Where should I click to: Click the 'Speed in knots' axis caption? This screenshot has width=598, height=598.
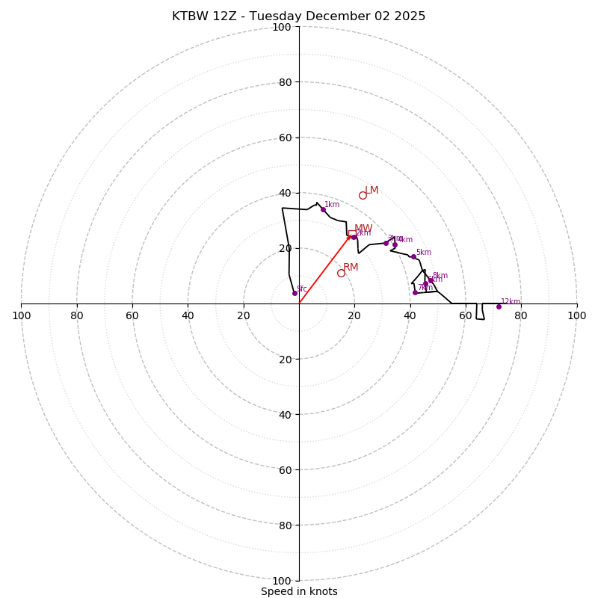(x=299, y=591)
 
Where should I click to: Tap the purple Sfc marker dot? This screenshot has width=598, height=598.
(x=295, y=293)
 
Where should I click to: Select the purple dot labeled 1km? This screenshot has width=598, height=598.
(x=323, y=209)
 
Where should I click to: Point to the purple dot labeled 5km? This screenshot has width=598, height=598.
(x=413, y=257)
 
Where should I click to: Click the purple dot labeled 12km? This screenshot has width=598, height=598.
(x=499, y=306)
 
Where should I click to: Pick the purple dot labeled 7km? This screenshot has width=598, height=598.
(x=415, y=292)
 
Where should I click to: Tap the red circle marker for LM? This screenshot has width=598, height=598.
(x=363, y=195)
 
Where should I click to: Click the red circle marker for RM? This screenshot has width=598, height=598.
(x=341, y=273)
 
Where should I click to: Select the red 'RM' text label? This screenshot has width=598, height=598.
(x=351, y=267)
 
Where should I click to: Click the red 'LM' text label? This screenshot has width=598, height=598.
(x=372, y=190)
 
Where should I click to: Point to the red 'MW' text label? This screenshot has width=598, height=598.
(x=363, y=228)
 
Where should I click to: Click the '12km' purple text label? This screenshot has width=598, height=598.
(x=511, y=302)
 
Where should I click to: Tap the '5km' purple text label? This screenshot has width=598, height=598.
(x=424, y=253)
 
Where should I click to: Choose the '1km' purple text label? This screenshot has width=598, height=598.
(x=332, y=204)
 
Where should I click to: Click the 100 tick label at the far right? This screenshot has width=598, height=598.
(x=577, y=315)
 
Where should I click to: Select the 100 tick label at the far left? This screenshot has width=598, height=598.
(x=21, y=315)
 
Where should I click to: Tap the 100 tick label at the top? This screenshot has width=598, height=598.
(x=282, y=27)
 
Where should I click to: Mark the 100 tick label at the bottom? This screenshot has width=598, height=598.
(x=282, y=581)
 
